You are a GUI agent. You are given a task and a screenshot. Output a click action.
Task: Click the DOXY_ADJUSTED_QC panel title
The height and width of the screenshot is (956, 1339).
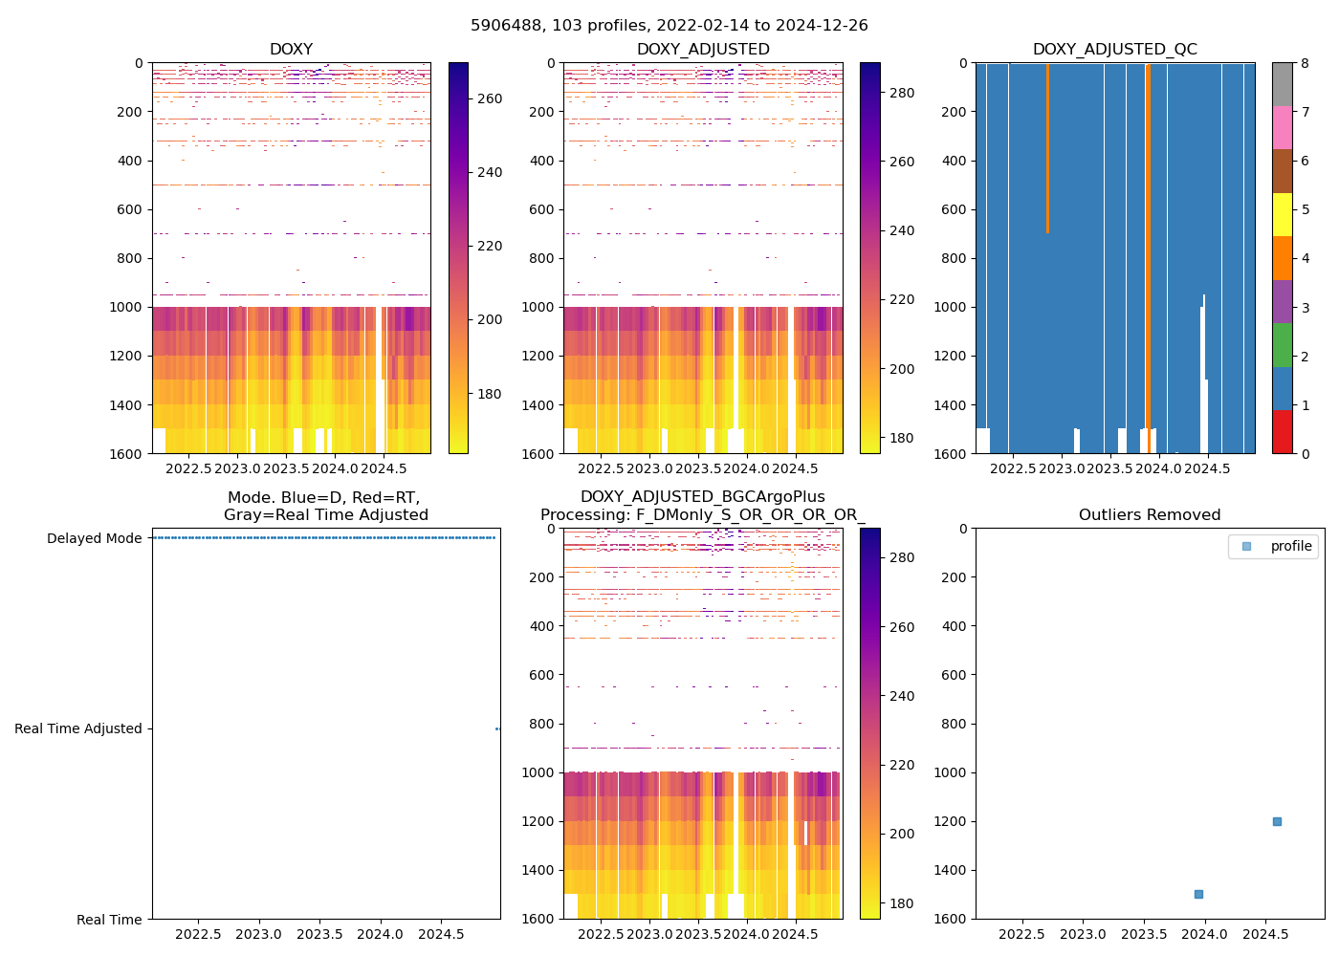1114,50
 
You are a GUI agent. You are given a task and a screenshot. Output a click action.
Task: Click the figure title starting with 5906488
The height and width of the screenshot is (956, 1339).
669,26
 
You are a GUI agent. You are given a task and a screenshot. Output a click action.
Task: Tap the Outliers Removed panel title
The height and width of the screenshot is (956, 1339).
1150,515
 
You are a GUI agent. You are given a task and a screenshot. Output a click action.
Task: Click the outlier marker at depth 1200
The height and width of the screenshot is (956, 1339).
1277,821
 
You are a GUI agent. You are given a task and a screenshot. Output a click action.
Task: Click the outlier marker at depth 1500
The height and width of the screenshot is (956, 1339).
1198,894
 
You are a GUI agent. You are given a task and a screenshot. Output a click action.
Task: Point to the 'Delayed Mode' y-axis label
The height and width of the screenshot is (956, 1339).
94,538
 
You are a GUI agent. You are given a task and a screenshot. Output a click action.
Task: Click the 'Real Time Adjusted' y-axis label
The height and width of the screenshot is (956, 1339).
78,728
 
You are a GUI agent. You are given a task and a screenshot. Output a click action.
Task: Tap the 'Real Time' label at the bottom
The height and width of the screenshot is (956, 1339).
109,920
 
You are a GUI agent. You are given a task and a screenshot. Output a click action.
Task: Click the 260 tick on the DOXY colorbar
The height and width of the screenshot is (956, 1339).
490,98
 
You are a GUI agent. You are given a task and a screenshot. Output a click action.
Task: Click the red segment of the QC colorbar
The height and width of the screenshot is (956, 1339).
1282,431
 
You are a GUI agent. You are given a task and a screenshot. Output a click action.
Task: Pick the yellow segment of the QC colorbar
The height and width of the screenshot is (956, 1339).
1282,214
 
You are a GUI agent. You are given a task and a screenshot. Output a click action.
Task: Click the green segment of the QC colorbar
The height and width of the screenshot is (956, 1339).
1282,344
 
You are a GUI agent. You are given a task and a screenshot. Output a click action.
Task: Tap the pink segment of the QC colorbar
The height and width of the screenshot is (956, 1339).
1282,127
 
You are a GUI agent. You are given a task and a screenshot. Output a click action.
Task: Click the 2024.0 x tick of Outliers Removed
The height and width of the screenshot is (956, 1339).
1205,933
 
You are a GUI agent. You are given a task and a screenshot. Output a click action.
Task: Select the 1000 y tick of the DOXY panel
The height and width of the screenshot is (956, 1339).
126,307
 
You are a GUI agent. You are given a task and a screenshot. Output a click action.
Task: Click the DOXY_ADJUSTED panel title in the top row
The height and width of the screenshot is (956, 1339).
703,50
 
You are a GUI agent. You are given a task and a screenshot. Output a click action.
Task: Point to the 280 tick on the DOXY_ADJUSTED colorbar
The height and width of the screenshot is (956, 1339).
902,93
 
